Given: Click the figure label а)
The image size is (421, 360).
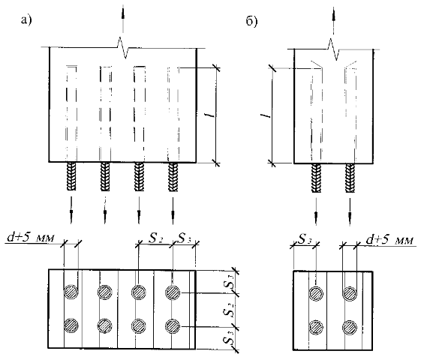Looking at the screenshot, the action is point(26,19).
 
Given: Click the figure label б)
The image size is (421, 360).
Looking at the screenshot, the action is point(252,21).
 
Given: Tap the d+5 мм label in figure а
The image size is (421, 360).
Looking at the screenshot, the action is point(31,238).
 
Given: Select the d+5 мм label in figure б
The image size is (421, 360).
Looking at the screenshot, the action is point(389,239).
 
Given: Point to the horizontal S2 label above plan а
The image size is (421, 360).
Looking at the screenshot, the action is point(156,238).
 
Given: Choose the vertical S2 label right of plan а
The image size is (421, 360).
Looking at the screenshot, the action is point(230,311).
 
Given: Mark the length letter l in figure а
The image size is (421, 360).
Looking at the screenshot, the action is point(212,115).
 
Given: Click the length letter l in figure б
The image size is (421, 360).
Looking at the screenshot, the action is point(265,115).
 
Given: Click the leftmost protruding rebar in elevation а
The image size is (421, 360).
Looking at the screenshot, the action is point(71,176).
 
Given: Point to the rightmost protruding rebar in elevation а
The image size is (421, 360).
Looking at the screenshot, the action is point(173,177).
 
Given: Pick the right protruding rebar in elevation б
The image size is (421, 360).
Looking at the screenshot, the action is point(350,178).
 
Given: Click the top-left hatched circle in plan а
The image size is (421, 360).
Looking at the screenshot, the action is point(71,292).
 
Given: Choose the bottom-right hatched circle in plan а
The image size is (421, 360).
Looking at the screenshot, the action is point(173,326).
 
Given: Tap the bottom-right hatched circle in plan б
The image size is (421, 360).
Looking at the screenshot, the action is point(350,327).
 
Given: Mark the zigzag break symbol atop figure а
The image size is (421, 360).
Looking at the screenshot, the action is point(123,48).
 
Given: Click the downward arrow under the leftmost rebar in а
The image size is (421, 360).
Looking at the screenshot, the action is point(71,210).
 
